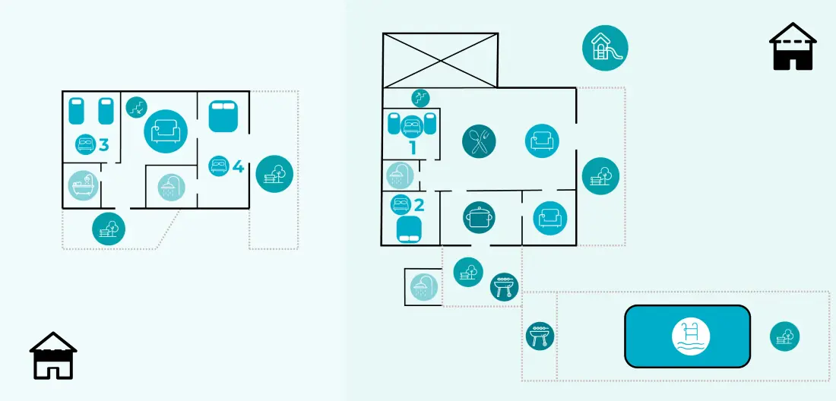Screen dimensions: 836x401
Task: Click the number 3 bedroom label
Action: pos(104,144)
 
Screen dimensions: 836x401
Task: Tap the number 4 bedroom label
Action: pos(239,167)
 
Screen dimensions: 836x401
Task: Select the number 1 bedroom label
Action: pos(412,147)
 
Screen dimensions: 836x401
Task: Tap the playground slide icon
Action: pos(605,48)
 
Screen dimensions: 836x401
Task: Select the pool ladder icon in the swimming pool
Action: pos(688,336)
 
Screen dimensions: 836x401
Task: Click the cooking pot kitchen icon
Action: pos(479,217)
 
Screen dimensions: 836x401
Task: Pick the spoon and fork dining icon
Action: pos(479,141)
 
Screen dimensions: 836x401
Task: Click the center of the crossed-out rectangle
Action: pos(440,60)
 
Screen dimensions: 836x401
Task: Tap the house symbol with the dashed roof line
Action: pos(793,46)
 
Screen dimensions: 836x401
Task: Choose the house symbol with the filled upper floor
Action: pos(53,355)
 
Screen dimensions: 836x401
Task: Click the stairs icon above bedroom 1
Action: pos(420,97)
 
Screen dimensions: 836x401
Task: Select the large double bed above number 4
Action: pos(223,117)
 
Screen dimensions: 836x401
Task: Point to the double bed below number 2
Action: pos(410,229)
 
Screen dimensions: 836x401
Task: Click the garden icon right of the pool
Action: pos(785,336)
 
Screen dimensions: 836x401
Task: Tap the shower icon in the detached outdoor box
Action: pos(424,287)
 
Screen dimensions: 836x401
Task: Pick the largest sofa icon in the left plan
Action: pos(166,131)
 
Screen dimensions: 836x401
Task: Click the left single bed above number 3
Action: pos(77,111)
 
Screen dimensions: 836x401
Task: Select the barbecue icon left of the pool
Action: pos(540,336)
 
